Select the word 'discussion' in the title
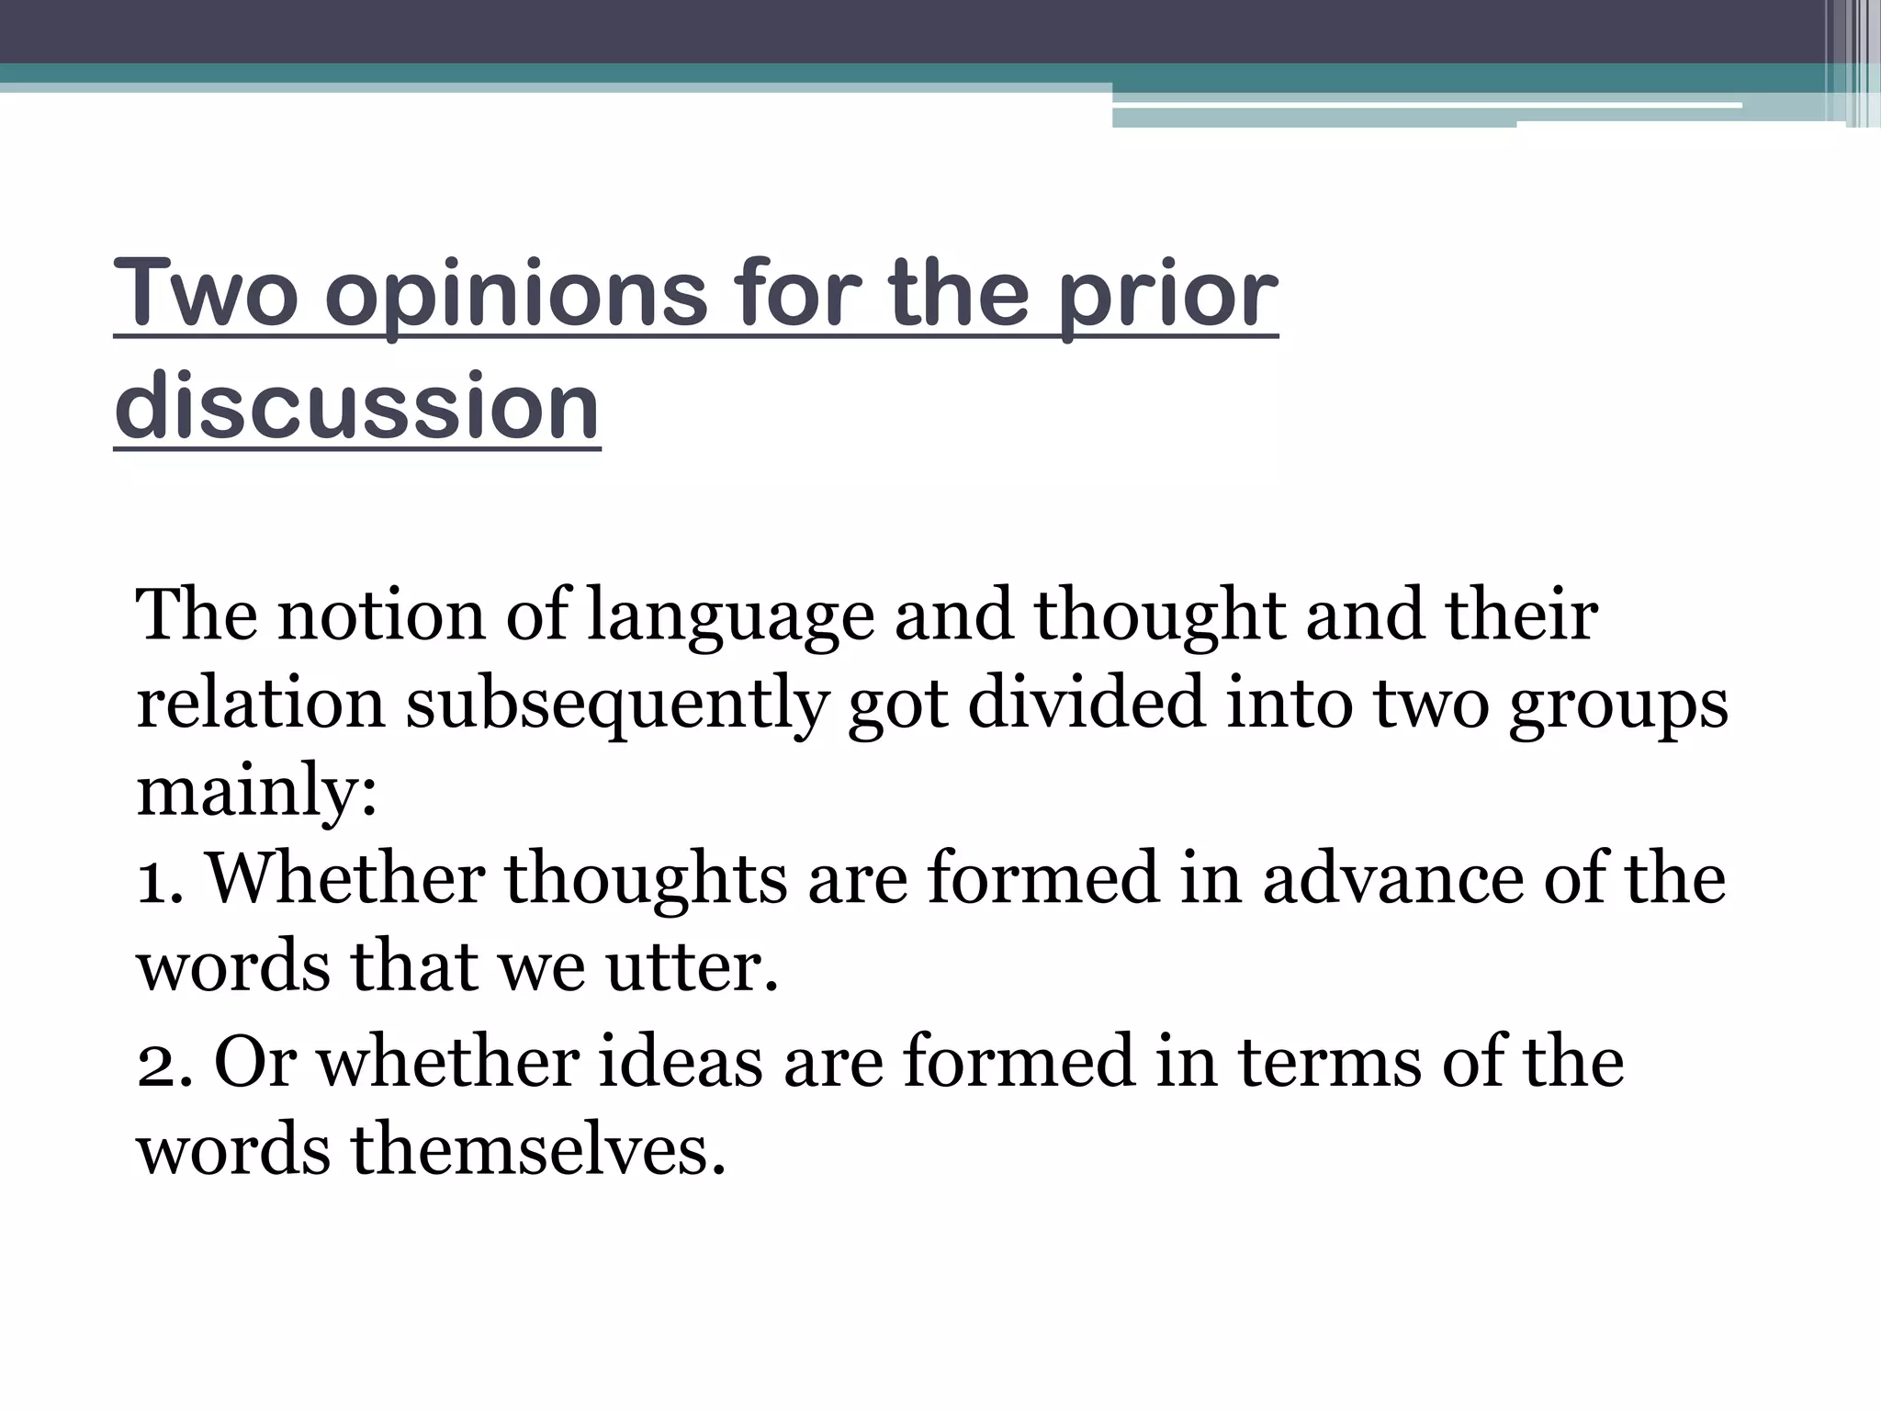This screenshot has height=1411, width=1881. (x=357, y=407)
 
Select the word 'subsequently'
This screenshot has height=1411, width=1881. (x=616, y=705)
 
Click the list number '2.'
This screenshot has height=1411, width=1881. (x=164, y=1063)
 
